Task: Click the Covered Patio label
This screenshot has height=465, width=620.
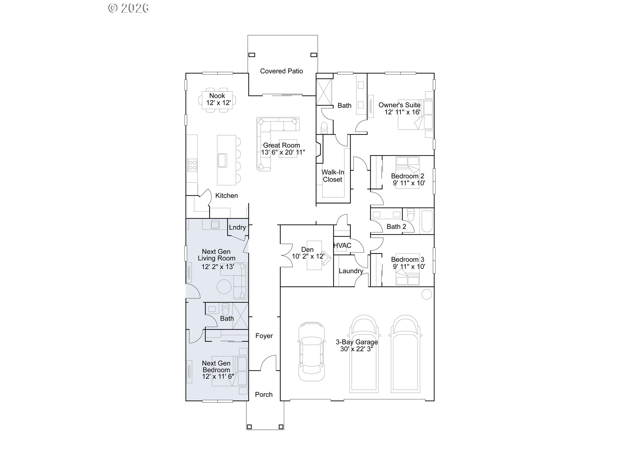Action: [281, 71]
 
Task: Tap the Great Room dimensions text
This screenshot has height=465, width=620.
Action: [283, 152]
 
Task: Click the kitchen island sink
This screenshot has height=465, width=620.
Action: [222, 160]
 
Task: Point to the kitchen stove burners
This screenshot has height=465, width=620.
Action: [192, 165]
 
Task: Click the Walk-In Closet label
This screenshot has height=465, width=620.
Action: [333, 176]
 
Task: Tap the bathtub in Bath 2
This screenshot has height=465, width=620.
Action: [427, 221]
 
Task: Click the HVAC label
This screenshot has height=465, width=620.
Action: [342, 246]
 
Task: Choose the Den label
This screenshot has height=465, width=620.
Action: [307, 250]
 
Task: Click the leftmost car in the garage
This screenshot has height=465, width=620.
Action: [311, 351]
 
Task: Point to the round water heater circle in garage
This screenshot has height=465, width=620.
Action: [427, 294]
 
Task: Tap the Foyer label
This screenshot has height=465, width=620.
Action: [264, 336]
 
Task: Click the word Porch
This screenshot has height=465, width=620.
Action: [263, 395]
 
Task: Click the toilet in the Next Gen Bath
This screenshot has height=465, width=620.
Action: [225, 309]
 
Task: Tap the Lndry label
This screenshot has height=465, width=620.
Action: [237, 227]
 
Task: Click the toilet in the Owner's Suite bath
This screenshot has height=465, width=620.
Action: [324, 128]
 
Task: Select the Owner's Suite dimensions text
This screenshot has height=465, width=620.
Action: [402, 112]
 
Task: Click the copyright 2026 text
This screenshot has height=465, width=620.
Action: [129, 8]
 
